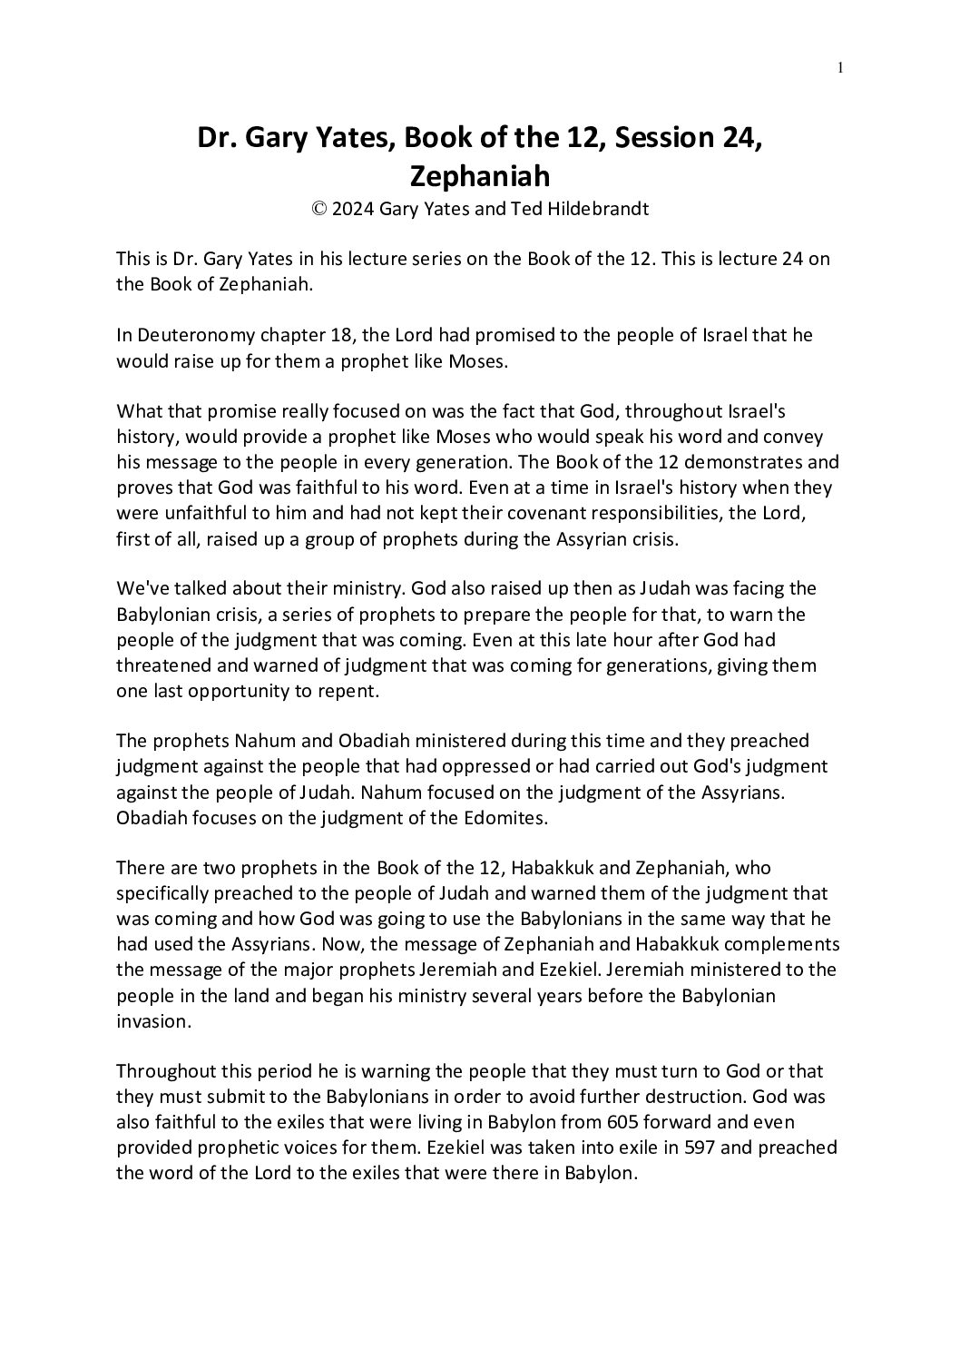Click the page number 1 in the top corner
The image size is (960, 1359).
click(841, 66)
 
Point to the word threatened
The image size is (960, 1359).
click(162, 665)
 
